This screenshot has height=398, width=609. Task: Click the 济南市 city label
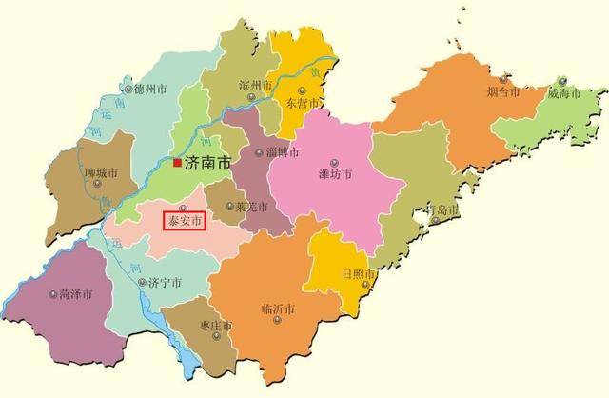pyautogui.click(x=207, y=164)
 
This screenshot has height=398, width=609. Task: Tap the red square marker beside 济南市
pyautogui.click(x=177, y=164)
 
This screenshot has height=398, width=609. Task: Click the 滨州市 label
pyautogui.click(x=255, y=84)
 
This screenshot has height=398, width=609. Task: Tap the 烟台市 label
pyautogui.click(x=501, y=92)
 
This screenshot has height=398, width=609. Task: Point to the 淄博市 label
pyautogui.click(x=283, y=152)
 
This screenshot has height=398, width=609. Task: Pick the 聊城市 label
pyautogui.click(x=101, y=174)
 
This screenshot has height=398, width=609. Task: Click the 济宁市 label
pyautogui.click(x=166, y=283)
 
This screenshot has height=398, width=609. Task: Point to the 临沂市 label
pyautogui.click(x=277, y=308)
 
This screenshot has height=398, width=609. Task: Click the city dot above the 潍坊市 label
pyautogui.click(x=333, y=161)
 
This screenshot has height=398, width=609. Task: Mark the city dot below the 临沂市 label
pyautogui.click(x=277, y=321)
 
